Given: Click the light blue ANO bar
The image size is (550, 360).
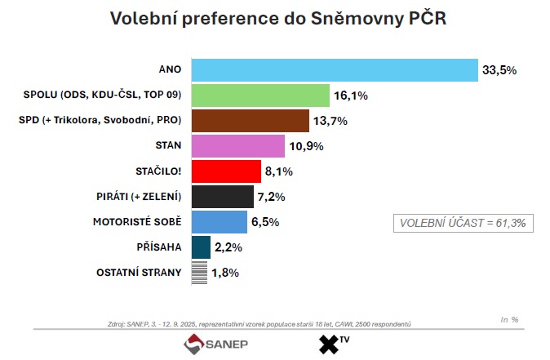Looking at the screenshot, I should [x=334, y=70].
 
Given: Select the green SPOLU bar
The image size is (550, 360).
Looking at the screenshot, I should [x=259, y=96].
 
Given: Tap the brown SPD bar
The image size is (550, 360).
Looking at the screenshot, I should [x=250, y=121].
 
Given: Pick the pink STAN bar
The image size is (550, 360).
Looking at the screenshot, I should [x=238, y=146].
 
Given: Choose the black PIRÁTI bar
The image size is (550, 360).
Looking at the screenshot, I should [x=222, y=197].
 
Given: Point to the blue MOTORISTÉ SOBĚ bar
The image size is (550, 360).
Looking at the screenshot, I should [x=219, y=222].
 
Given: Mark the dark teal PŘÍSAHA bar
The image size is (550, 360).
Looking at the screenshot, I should [x=201, y=247].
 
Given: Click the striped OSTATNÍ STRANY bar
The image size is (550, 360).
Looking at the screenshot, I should [x=199, y=272].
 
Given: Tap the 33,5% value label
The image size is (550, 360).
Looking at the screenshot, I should [x=499, y=71].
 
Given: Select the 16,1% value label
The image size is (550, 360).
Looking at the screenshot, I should [x=350, y=96].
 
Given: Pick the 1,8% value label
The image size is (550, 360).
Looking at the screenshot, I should [x=224, y=273].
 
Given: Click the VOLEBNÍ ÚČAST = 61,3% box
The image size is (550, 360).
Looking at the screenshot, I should [x=463, y=223].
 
